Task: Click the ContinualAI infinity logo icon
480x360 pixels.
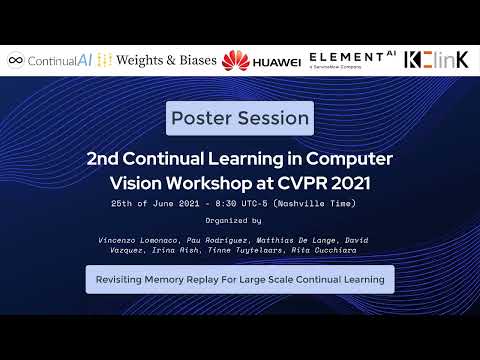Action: (15, 61)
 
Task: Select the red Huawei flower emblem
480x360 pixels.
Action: (235, 61)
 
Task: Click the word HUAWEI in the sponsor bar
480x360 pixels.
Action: (277, 62)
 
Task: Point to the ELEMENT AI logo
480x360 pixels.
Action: (347, 59)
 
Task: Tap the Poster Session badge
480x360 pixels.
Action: (240, 118)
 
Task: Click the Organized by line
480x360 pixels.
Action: (233, 219)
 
